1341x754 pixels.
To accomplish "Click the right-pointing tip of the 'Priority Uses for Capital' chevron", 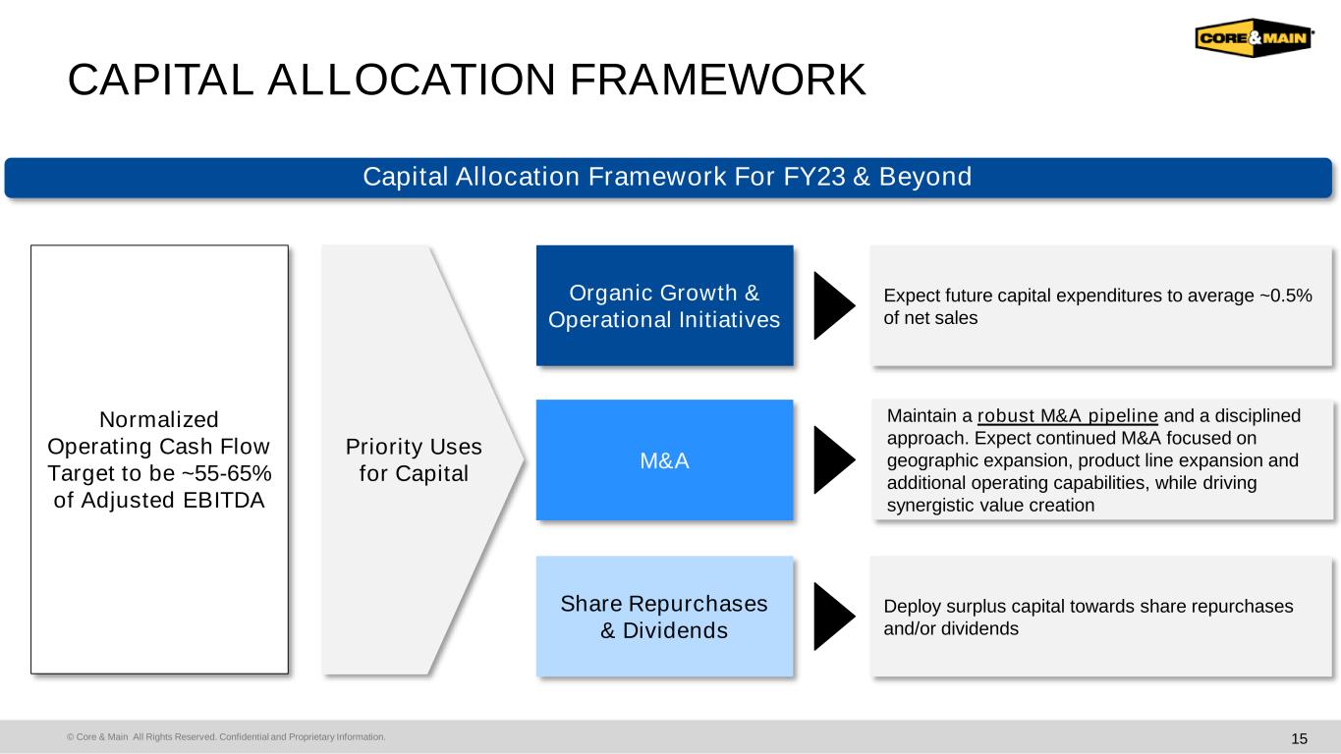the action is [525, 459].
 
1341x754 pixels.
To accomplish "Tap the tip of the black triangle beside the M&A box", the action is [856, 459].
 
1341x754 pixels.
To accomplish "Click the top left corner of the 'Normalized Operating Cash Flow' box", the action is [31, 245].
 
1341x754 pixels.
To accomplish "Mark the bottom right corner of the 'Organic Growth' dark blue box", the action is [793, 365].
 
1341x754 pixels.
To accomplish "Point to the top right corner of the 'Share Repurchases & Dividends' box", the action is [793, 557].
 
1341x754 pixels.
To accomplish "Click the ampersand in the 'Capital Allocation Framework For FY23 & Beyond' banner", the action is [862, 177].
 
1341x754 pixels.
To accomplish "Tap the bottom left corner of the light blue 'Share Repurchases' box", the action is [536, 676].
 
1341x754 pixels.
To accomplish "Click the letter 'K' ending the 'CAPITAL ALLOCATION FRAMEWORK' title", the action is [850, 80].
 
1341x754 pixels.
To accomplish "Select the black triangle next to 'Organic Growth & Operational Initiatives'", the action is [834, 305].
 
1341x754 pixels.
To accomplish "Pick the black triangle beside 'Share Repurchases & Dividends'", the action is [834, 617].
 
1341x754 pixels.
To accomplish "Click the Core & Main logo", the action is [1255, 37].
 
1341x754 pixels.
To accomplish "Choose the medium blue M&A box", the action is [664, 460].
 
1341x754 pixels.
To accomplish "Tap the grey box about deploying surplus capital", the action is [1101, 617].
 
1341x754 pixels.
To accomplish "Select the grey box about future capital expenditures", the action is [1101, 305].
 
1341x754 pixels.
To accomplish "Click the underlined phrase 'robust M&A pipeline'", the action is [1068, 415].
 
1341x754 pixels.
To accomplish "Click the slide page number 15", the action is [1299, 738].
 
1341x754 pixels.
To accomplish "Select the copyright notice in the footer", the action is [226, 736].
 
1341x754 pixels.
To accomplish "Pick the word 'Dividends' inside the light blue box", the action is [675, 630].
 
